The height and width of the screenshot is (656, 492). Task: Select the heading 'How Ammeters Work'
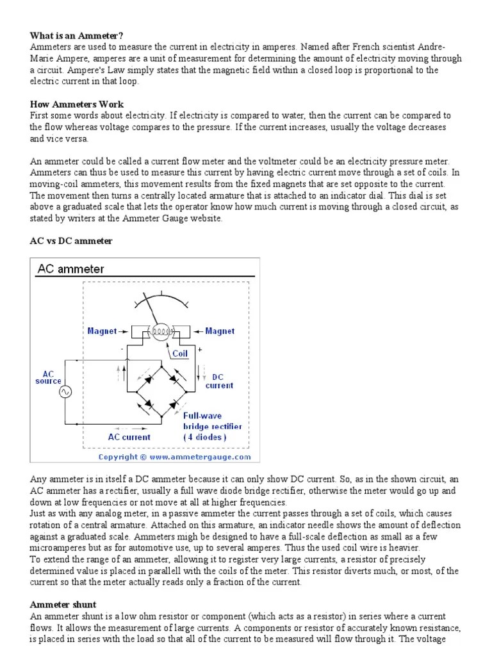point(77,104)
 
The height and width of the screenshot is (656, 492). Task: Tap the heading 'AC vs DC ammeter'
point(71,241)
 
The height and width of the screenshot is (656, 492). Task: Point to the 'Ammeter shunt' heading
point(63,604)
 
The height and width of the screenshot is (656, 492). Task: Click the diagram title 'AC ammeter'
point(71,269)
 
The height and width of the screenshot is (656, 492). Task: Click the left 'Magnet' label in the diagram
point(102,331)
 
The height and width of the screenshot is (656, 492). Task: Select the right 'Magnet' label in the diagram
point(220,331)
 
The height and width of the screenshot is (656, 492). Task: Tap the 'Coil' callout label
point(179,353)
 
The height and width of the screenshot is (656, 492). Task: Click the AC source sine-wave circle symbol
point(65,391)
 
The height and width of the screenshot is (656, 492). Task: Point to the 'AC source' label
point(49,377)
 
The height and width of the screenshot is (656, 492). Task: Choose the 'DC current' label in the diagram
point(218,381)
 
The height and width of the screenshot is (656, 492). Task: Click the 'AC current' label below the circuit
point(129,437)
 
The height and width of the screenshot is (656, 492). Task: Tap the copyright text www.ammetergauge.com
point(174,457)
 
